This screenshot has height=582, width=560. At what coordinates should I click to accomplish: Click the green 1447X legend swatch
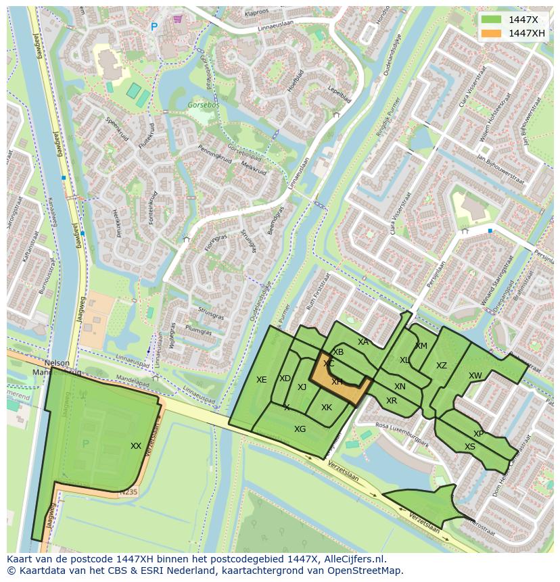492,20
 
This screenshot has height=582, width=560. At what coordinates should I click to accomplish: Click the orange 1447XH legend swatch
492,33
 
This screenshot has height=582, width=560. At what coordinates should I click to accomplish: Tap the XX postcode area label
136,446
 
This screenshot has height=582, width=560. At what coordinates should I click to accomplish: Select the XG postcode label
300,429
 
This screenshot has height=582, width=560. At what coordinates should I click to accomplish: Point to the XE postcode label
262,380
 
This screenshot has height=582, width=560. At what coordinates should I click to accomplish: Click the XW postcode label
475,376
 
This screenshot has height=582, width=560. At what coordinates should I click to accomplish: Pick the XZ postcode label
442,366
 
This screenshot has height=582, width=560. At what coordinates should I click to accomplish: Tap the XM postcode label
421,346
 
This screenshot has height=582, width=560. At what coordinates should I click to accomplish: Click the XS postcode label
470,447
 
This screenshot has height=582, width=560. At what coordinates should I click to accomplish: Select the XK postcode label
327,408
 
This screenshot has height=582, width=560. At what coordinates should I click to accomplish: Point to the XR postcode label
392,401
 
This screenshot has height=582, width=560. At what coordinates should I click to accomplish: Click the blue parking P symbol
154,27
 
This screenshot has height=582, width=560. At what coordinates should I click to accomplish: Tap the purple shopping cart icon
177,20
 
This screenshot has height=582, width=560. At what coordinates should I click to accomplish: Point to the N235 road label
128,493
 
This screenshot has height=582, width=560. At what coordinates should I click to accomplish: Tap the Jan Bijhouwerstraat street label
500,169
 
